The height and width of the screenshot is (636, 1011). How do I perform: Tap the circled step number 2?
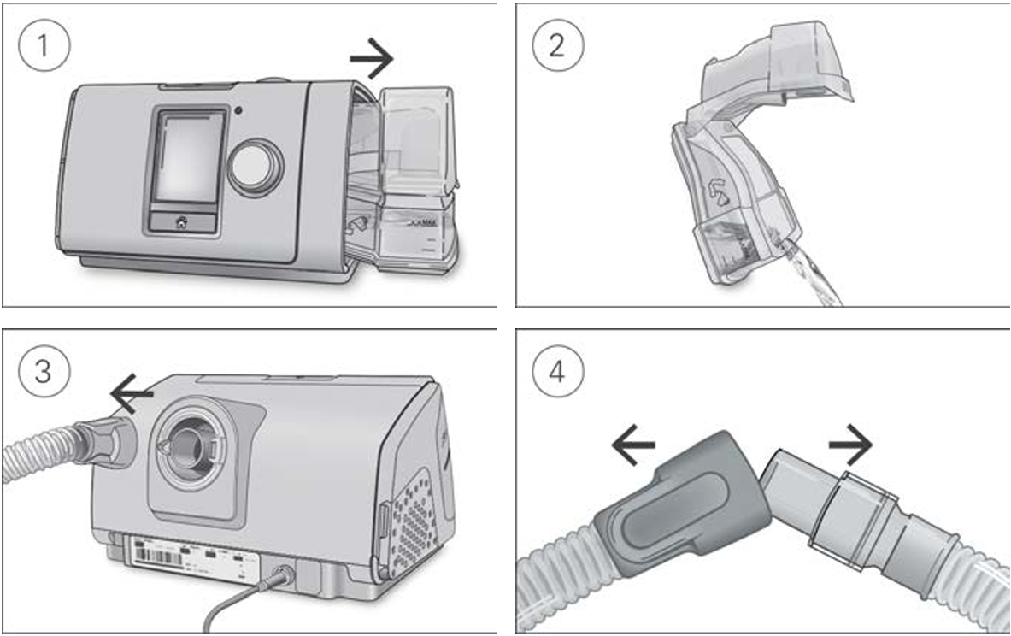coord(556,44)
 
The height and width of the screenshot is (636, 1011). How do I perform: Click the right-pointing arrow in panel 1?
coord(372,60)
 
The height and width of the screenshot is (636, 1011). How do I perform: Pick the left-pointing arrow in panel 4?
coord(634,445)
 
